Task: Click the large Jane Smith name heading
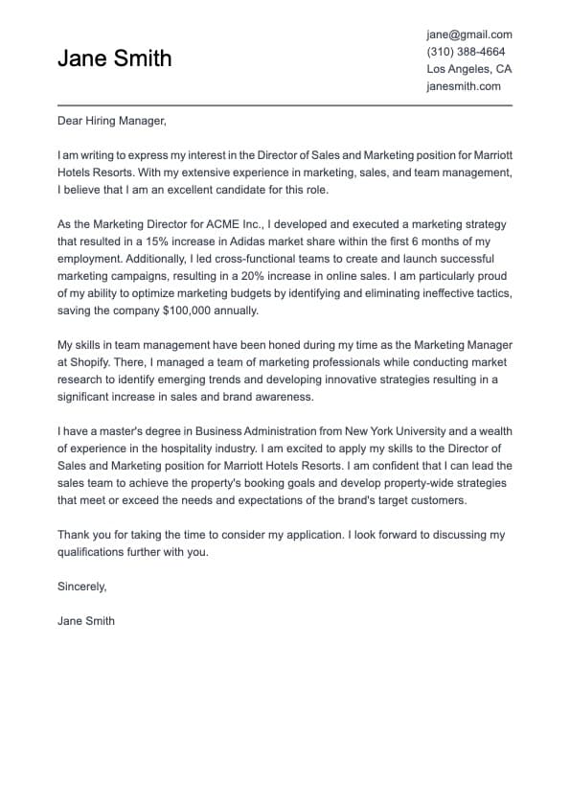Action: tap(114, 58)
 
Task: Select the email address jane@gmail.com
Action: tap(468, 34)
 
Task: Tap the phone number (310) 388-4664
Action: tap(466, 52)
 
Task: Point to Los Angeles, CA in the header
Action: tap(468, 69)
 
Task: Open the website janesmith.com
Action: tap(464, 86)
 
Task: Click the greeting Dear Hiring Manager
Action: tap(112, 121)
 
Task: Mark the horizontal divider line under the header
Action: tap(285, 104)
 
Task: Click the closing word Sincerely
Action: tap(81, 587)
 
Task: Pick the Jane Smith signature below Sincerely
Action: tap(86, 621)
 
